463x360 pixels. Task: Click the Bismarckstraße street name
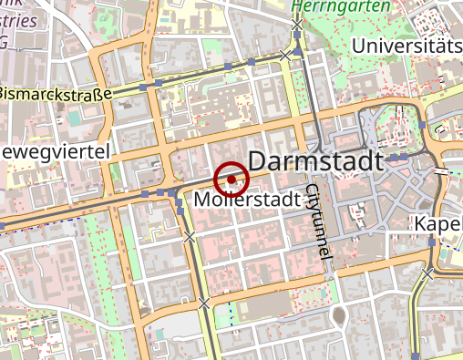pos(54,93)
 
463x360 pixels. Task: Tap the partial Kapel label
pos(437,224)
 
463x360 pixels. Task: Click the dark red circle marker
pos(231,180)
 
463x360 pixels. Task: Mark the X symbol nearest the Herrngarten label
pos(297,24)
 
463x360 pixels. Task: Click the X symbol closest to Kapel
pos(428,271)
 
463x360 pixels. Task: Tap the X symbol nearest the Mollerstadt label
pos(190,237)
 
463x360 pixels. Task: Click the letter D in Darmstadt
pos(257,161)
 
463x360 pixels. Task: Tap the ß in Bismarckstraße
pos(96,93)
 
